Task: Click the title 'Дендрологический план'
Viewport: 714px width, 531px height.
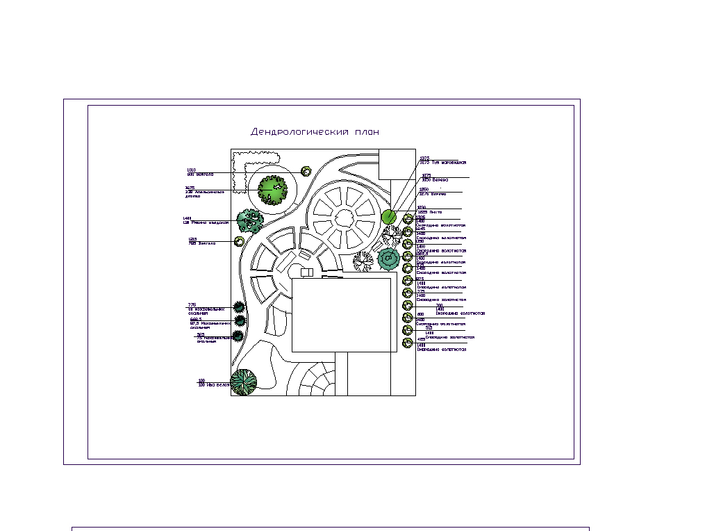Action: [x=315, y=131]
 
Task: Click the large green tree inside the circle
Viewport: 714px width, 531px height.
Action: [x=272, y=189]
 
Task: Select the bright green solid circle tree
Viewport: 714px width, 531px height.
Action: [x=389, y=217]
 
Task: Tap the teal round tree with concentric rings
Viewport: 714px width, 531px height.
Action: [x=388, y=259]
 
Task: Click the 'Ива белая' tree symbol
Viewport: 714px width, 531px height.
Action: [x=243, y=382]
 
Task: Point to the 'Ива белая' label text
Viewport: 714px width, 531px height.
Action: [x=214, y=384]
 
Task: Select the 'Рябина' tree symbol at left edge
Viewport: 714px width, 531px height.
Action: [x=249, y=221]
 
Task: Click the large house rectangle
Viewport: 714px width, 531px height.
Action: [x=340, y=315]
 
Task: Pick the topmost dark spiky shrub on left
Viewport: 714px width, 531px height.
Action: [x=240, y=307]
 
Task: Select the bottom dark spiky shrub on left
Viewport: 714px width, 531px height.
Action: [x=238, y=336]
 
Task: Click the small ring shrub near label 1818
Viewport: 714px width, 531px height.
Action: [x=306, y=171]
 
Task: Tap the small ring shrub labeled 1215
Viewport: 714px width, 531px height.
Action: [x=239, y=241]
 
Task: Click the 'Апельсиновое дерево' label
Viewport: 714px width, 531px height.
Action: [x=204, y=193]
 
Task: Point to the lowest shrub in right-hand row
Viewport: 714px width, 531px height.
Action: [x=408, y=343]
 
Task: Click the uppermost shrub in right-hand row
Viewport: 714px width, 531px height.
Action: [x=408, y=220]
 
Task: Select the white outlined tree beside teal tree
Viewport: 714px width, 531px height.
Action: [x=363, y=261]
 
